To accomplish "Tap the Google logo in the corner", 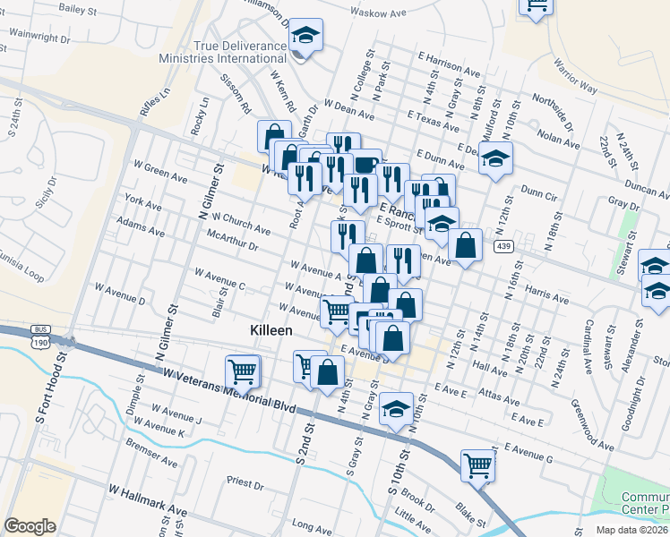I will (x=30, y=526).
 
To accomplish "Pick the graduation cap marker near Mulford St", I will (x=494, y=159).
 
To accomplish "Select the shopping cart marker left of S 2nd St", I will (x=242, y=371).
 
